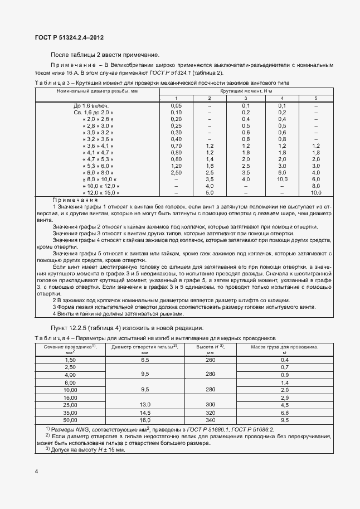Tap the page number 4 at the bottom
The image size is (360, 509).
tap(36, 472)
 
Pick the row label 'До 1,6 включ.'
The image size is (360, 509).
tap(91, 105)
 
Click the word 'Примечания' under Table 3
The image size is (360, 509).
tap(75, 200)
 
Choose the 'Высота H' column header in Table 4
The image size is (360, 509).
tap(211, 349)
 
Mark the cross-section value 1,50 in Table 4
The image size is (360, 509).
tap(70, 360)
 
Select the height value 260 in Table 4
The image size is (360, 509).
tap(211, 360)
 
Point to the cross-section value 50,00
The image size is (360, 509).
tap(70, 419)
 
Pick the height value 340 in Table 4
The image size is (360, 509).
tap(211, 419)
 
